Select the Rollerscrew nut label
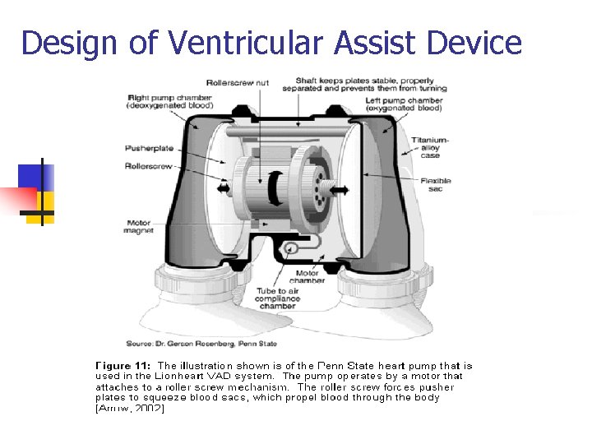click(x=238, y=82)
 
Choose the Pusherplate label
click(x=149, y=148)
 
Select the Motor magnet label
click(x=140, y=226)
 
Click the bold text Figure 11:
click(x=123, y=365)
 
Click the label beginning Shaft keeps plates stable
click(x=371, y=84)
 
